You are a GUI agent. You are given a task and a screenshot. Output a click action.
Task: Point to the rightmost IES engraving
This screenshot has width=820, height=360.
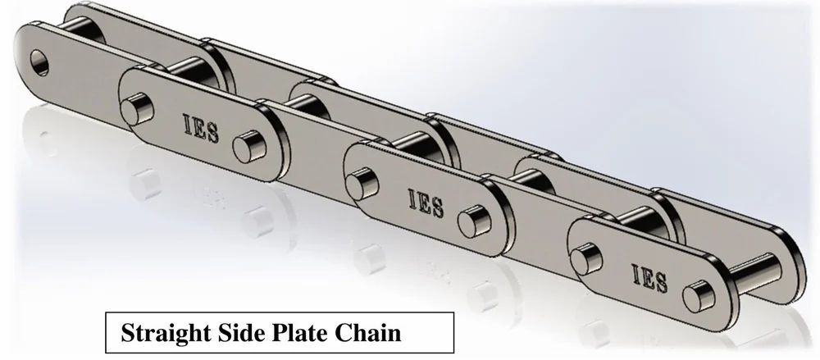tap(649, 277)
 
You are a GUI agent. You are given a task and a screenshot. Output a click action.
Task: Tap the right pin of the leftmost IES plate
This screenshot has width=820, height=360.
tap(244, 148)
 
